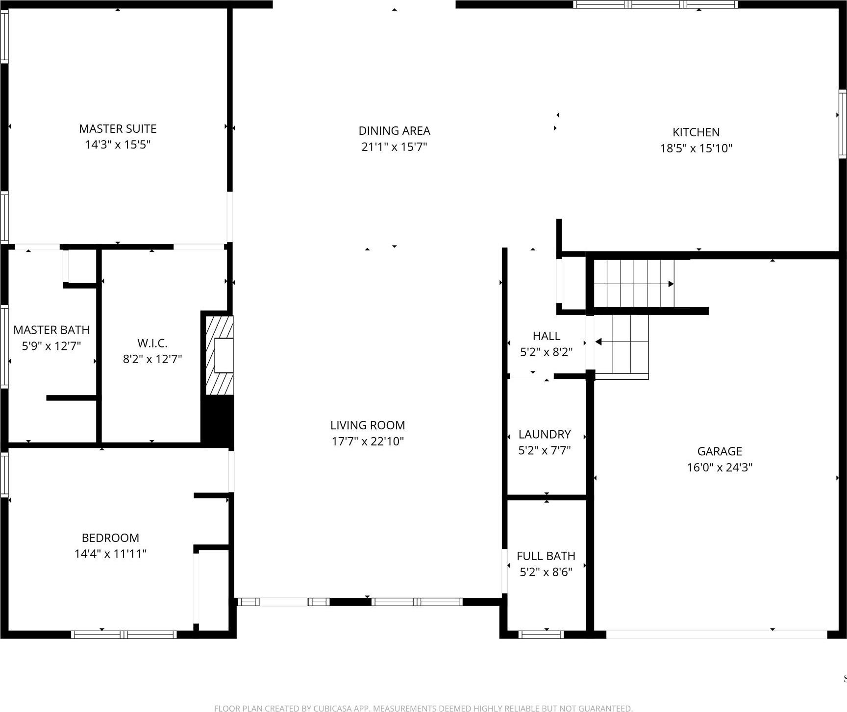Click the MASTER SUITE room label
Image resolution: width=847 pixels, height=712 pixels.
[118, 129]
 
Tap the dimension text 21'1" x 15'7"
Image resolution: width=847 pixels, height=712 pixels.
[394, 147]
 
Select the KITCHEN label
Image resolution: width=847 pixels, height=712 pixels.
[696, 132]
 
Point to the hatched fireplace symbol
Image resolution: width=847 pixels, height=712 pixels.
[219, 355]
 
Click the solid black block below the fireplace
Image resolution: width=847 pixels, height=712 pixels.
[218, 420]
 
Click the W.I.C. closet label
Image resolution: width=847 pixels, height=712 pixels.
[152, 344]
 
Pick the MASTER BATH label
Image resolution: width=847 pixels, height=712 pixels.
[51, 330]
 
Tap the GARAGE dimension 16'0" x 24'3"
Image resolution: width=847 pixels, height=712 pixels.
[719, 467]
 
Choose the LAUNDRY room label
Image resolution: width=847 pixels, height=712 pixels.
[545, 434]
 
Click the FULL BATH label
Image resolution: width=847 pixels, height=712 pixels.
[546, 556]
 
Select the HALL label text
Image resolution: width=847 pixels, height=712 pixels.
[546, 336]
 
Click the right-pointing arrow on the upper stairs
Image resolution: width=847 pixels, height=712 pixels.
[671, 284]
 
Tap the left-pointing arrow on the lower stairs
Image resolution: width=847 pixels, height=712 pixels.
[598, 342]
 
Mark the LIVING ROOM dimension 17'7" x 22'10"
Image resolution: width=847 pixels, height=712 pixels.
[368, 442]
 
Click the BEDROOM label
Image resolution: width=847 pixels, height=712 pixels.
[110, 538]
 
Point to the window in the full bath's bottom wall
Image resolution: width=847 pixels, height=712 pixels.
[541, 635]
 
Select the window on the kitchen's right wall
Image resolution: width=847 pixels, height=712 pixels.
[842, 124]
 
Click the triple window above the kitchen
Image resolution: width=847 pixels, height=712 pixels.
[655, 4]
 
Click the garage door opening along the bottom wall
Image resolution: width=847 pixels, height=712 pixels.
[716, 635]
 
